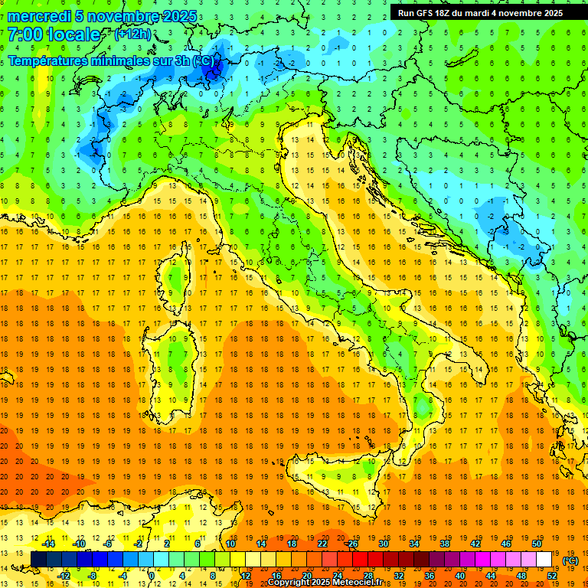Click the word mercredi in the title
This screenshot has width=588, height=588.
pos(36,16)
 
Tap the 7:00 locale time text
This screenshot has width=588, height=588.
pos(54,34)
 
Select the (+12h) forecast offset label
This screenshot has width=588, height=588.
pos(132,34)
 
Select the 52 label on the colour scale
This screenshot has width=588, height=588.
pos(551,576)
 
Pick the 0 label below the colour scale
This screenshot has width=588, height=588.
pos(152,576)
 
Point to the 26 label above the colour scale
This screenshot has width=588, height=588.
pos(352,544)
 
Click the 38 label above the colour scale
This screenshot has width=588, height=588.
pos(444,544)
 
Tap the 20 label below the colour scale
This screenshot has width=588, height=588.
pos(306,576)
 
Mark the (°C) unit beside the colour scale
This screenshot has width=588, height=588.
pos(570,560)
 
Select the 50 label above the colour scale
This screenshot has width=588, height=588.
pos(536,544)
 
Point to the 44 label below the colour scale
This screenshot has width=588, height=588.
pos(490,576)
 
